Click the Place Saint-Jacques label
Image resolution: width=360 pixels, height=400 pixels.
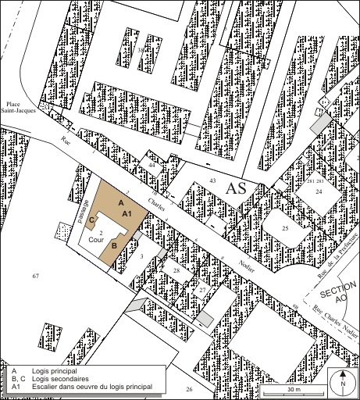pos(17,109)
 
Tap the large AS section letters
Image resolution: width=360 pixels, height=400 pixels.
pos(236,188)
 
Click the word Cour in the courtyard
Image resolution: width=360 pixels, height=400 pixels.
pos(95,241)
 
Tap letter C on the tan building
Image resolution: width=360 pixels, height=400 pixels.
pos(91,220)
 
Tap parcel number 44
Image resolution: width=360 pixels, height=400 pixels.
pos(152,166)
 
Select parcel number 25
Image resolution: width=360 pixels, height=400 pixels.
pos(285,227)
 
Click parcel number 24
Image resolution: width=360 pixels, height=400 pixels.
pos(319,191)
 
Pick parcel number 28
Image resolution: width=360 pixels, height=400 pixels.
pos(176,270)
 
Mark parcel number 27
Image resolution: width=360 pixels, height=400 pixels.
pos(201,290)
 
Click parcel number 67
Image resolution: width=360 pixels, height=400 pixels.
pos(36,277)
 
